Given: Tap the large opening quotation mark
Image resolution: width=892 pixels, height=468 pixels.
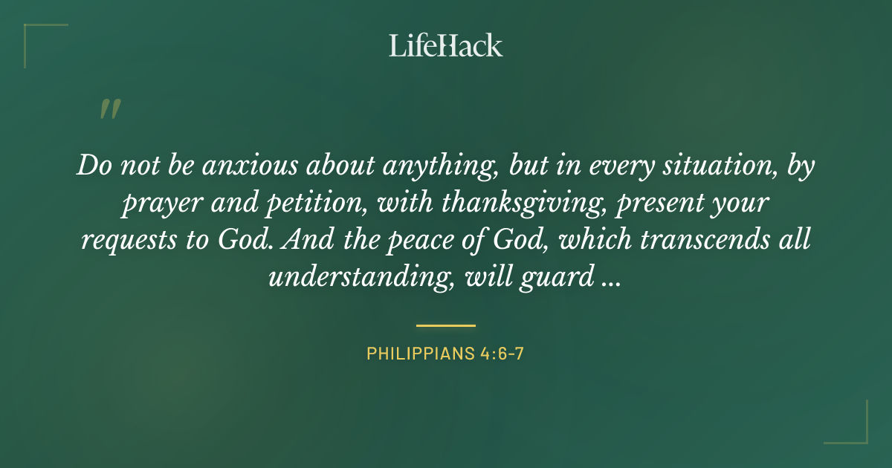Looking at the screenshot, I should coord(109,109).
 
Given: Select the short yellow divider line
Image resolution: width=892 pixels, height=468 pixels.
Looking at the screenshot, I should coord(446,325).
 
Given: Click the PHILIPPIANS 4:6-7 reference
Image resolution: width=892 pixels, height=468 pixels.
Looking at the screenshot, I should coord(446,354).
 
